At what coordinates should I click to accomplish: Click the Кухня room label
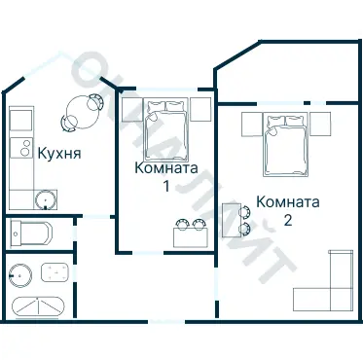point(58,153)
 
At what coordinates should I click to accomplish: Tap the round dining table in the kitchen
point(81,111)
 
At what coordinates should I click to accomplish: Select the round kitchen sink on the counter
point(44,200)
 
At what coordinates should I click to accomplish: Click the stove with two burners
point(20,149)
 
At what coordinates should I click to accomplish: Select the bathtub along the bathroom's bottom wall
point(36,306)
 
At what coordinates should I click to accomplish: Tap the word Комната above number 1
point(166,167)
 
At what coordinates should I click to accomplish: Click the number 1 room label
point(166,185)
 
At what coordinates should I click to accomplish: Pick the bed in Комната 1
point(166,126)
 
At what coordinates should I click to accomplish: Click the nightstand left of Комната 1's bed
point(130,108)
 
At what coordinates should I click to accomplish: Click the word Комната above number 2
point(288,202)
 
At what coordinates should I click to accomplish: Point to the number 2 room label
point(288,220)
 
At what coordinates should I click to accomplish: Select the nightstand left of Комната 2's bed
point(249,123)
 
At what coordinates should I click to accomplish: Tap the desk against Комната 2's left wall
point(231,220)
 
